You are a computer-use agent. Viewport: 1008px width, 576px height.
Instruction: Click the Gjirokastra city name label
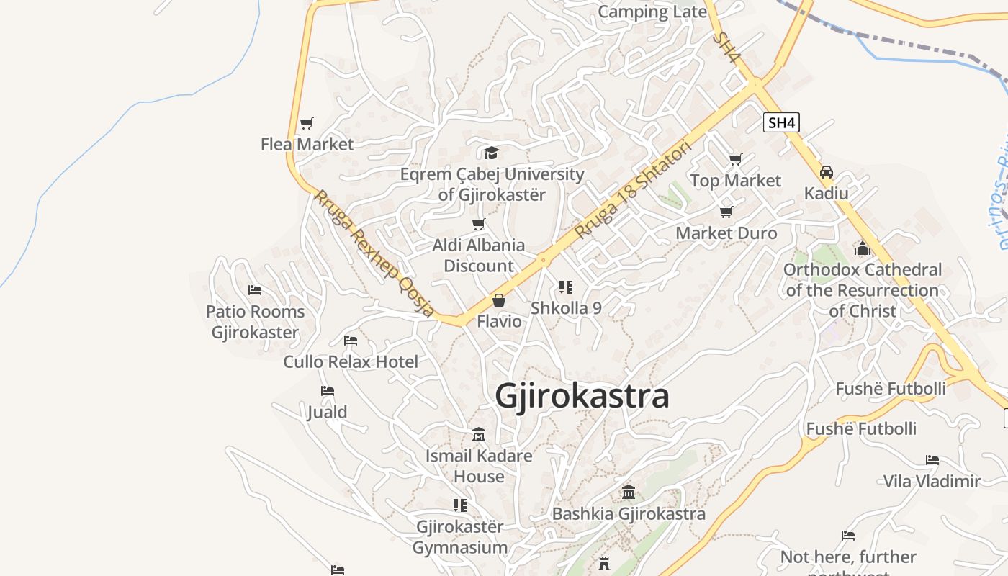(582, 396)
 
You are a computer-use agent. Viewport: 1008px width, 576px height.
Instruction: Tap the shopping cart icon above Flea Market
(307, 123)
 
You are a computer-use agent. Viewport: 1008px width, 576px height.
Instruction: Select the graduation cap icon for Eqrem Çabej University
(491, 153)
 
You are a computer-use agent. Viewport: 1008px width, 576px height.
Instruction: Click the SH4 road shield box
(781, 122)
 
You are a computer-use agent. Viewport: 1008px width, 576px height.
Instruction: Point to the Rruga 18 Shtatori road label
(633, 191)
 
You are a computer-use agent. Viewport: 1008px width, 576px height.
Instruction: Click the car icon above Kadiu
(827, 172)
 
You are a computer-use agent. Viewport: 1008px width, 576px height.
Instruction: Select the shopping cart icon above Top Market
(735, 159)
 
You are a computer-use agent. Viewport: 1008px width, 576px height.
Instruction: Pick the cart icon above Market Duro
(726, 212)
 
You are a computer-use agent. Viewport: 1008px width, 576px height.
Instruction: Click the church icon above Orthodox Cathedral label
(863, 249)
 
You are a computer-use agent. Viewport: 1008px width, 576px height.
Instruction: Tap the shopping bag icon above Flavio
(499, 300)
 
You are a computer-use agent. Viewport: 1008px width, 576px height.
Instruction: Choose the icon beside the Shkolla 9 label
(566, 287)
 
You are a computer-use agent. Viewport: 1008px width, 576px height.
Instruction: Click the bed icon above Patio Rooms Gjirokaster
(255, 290)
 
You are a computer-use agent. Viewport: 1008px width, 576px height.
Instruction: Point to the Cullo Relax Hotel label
(351, 361)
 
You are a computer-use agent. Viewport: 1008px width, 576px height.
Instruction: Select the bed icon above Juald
(328, 391)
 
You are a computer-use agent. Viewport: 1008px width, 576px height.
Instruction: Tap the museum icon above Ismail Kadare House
(479, 435)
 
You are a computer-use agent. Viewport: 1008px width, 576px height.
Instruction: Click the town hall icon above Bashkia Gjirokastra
(629, 492)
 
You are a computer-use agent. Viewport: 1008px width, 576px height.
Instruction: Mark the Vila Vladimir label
(932, 481)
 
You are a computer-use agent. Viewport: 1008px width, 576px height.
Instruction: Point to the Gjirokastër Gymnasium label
(460, 537)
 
